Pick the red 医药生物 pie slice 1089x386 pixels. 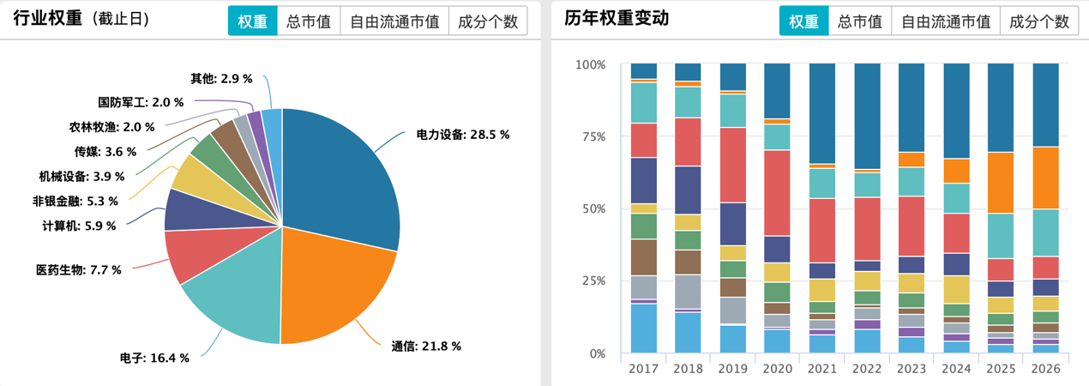point(193,253)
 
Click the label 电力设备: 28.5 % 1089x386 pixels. point(463,135)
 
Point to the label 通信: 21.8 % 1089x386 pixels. point(426,347)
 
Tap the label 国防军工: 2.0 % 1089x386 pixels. point(141,102)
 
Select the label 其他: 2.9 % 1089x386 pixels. point(221,78)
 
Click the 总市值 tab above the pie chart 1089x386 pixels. point(309,21)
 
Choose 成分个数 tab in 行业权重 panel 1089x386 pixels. point(488,21)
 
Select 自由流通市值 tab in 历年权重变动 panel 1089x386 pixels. point(945,21)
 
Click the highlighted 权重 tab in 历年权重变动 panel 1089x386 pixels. point(803,21)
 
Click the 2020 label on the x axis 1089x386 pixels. point(778,368)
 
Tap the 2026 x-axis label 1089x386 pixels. point(1045,368)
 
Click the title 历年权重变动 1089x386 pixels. point(616,19)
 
